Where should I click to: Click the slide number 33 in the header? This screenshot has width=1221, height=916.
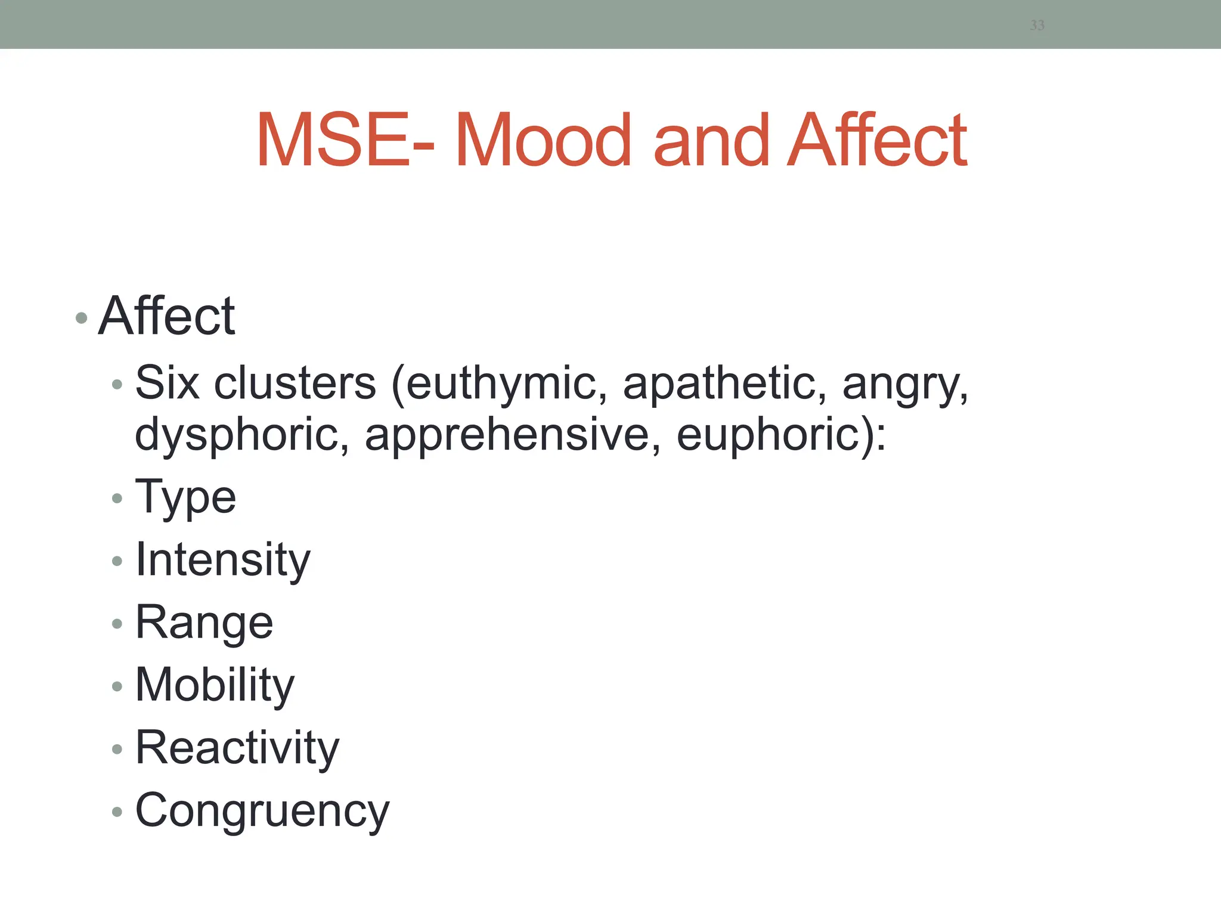(x=1037, y=25)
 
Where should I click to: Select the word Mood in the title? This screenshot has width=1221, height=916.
(x=543, y=141)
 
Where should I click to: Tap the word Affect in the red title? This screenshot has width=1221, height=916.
(x=877, y=141)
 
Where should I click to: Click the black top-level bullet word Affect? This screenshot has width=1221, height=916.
(x=167, y=316)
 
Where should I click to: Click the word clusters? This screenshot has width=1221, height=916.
(x=295, y=383)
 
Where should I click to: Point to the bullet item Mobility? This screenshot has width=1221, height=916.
(x=215, y=685)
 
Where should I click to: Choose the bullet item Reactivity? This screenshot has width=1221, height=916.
(x=237, y=748)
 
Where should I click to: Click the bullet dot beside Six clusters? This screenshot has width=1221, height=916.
(x=117, y=385)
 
